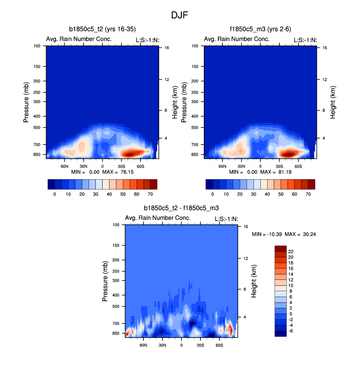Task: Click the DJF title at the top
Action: (x=180, y=15)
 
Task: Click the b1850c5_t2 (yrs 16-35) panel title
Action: (x=103, y=30)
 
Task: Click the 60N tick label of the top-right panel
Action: (x=222, y=166)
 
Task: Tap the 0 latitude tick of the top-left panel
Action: (x=102, y=166)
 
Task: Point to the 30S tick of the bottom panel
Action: (x=200, y=345)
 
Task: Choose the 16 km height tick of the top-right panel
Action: (x=325, y=48)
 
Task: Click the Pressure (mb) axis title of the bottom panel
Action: (x=106, y=281)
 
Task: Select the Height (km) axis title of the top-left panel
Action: (x=175, y=102)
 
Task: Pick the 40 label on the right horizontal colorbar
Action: (x=268, y=194)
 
